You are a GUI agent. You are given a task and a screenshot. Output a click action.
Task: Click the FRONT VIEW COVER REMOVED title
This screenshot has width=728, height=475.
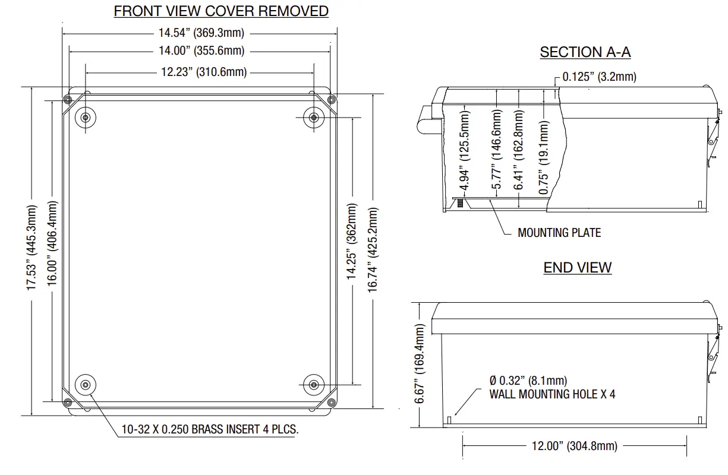tap(221, 11)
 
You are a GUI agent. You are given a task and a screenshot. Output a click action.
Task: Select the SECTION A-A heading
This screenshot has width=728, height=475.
tap(585, 52)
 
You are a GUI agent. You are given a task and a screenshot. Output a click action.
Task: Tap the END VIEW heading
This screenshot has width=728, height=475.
tap(577, 267)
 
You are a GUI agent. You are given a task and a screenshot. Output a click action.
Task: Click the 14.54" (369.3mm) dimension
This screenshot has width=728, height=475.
tap(201, 33)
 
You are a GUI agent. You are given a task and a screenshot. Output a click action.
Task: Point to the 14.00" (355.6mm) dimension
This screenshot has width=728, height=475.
tap(201, 51)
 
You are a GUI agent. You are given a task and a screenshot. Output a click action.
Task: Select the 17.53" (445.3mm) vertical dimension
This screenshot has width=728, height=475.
tap(31, 248)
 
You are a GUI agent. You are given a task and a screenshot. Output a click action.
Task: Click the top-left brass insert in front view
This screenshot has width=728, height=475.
tap(86, 117)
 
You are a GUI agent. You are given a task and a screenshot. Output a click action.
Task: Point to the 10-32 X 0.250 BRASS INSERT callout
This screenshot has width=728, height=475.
tap(210, 429)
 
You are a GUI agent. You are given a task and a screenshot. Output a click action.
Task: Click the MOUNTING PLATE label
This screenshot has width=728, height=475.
tap(559, 233)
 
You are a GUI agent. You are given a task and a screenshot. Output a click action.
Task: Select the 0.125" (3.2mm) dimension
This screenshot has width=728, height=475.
tap(599, 77)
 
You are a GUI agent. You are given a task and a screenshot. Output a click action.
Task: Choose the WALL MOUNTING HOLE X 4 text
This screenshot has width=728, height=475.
tap(552, 394)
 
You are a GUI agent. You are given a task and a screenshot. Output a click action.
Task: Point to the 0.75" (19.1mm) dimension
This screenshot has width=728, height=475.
tap(544, 157)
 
